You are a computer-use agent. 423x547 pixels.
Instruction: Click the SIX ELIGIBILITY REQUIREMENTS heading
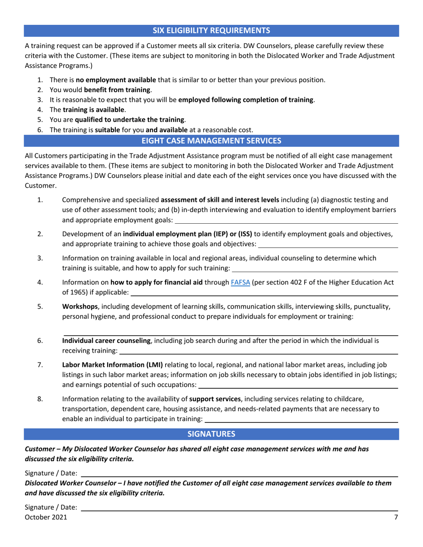pyautogui.click(x=211, y=31)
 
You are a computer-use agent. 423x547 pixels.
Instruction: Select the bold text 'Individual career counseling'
pyautogui.click(x=107, y=341)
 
